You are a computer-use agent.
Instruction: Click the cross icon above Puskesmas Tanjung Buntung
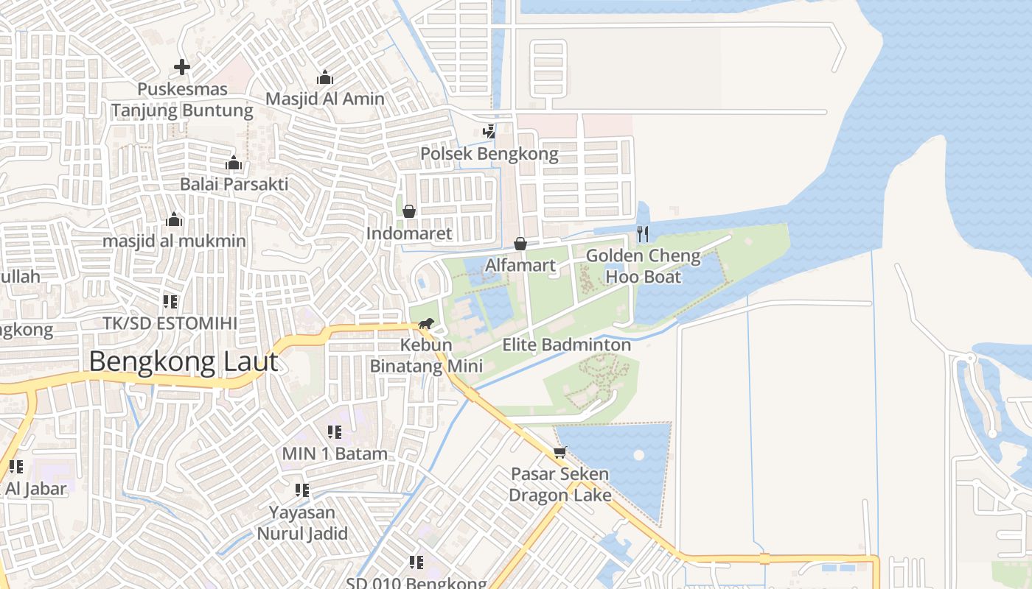click(x=182, y=67)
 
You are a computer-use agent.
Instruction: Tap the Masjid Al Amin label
click(x=324, y=99)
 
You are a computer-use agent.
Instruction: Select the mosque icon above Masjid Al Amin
click(x=325, y=77)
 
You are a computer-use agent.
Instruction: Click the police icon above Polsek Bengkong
click(x=489, y=132)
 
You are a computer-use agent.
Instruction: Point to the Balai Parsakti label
click(x=234, y=184)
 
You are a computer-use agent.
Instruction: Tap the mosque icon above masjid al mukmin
click(x=174, y=219)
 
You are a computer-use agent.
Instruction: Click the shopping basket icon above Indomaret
click(x=409, y=211)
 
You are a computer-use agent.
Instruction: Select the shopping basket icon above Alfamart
click(x=520, y=243)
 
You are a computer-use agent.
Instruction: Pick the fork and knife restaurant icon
click(x=643, y=234)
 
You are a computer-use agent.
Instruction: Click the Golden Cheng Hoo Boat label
click(x=643, y=267)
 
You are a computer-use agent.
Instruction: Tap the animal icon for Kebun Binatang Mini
click(x=426, y=323)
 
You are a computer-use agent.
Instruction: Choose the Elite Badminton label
click(x=566, y=345)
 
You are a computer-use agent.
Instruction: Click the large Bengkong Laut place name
click(x=184, y=362)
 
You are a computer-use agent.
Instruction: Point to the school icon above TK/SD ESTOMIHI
click(x=170, y=301)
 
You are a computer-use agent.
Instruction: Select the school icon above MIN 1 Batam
click(x=335, y=432)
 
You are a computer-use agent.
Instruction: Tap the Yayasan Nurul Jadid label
click(x=301, y=523)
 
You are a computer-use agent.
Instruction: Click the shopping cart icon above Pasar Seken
click(x=560, y=452)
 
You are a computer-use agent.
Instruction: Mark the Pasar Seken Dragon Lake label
click(x=560, y=484)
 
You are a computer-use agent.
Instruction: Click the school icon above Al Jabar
click(x=16, y=466)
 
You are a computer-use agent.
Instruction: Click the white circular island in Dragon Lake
click(x=638, y=455)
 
